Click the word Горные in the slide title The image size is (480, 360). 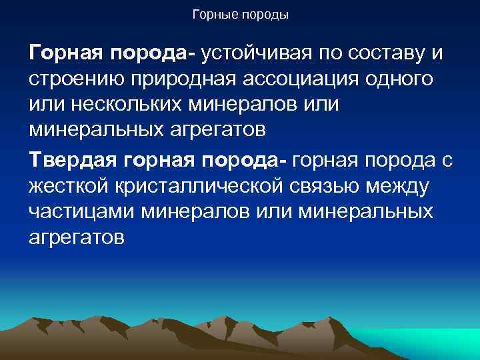coord(215,14)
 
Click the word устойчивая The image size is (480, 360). coord(265,53)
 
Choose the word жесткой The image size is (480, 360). coord(69,186)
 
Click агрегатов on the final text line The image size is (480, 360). coord(77,238)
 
